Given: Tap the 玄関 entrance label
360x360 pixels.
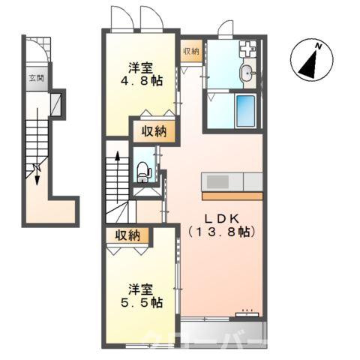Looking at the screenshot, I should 35,77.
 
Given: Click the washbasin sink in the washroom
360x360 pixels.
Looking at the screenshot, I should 248,73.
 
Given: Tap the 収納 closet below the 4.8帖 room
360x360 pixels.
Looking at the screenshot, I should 156,132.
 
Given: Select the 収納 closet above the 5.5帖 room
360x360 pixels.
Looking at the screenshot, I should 127,235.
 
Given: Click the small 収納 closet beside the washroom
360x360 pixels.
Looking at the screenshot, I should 190,51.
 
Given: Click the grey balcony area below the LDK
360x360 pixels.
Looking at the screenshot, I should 223,330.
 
